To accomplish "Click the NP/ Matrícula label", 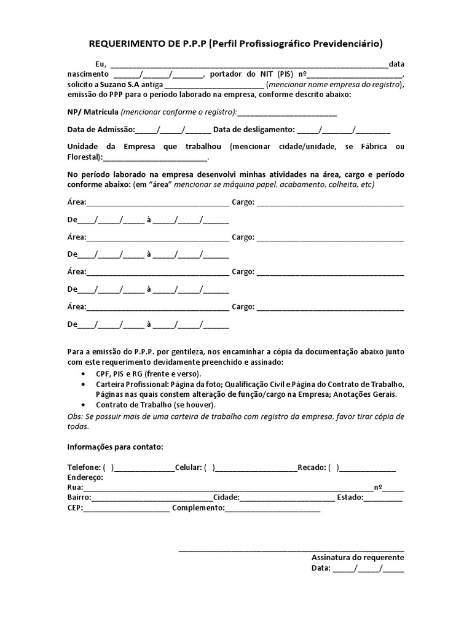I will click(x=93, y=112).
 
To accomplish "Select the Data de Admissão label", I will click(x=100, y=130).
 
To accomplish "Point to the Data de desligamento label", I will click(x=254, y=130).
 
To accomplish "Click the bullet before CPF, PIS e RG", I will click(x=84, y=373).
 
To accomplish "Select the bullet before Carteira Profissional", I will click(x=84, y=384).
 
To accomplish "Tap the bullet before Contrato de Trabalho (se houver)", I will click(x=84, y=405).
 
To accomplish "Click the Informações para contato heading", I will click(x=115, y=446).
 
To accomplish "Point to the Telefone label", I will click(x=83, y=467).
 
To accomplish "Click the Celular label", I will click(x=188, y=467).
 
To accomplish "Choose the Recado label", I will click(x=312, y=467).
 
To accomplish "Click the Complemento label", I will click(x=199, y=508).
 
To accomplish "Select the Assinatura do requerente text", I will click(x=357, y=557).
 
